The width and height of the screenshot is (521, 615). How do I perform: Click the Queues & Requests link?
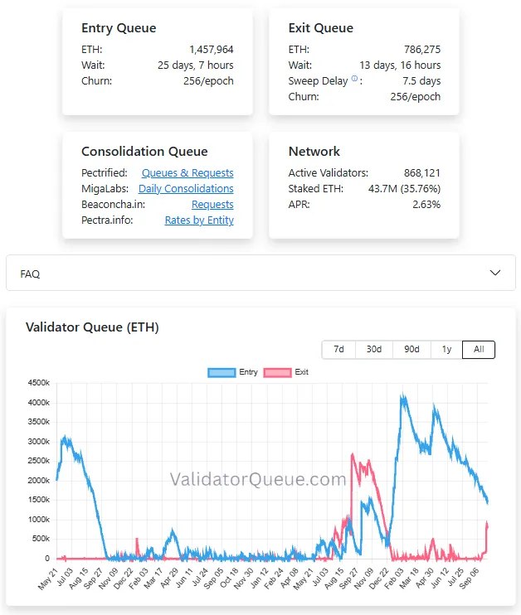187,173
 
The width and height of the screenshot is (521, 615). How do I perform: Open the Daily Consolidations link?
186,189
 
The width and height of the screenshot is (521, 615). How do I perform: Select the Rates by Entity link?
199,220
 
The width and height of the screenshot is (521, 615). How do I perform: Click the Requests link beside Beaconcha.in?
212,205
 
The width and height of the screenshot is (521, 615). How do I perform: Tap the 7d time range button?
338,350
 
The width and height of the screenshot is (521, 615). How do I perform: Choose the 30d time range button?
374,350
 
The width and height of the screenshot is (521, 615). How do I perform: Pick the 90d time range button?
411,350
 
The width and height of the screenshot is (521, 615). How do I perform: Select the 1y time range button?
447,350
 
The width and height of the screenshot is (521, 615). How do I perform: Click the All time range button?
479,350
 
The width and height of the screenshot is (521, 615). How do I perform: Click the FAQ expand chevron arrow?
495,273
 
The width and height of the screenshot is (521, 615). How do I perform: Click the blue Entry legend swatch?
222,372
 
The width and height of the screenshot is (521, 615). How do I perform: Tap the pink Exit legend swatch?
278,372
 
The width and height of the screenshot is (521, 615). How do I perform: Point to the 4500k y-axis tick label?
38,383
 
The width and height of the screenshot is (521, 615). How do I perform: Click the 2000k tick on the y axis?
38,481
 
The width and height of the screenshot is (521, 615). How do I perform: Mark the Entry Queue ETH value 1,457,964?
212,50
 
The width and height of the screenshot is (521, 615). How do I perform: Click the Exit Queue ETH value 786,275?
422,50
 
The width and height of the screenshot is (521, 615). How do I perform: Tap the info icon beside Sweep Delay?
354,79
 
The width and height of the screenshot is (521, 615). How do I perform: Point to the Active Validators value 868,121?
422,173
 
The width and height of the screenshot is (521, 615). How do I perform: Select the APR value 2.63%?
426,205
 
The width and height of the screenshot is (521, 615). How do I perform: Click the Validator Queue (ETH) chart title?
92,327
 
